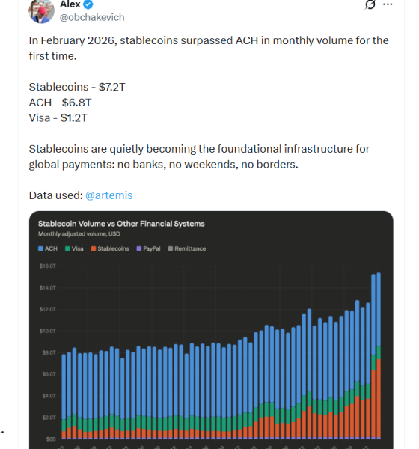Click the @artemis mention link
108,195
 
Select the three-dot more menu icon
387,4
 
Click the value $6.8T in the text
77,102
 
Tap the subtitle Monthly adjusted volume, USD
79,234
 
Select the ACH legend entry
47,248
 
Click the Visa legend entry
74,248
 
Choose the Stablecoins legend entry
109,248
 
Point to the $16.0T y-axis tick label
48,266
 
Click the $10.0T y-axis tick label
48,330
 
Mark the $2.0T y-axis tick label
48,417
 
